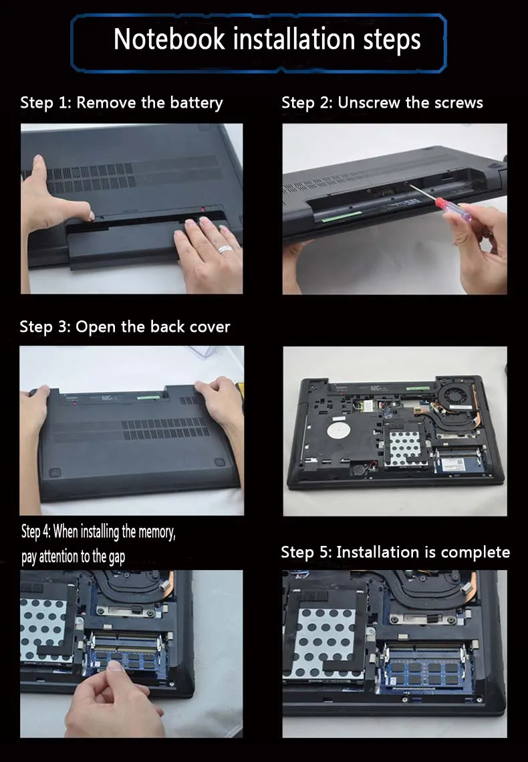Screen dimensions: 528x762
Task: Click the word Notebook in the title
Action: click(169, 39)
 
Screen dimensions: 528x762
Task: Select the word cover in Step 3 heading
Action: click(210, 326)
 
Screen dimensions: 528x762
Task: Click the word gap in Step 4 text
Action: click(116, 557)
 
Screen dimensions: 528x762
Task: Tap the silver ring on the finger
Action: click(225, 250)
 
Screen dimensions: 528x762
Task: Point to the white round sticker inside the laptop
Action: click(339, 431)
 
